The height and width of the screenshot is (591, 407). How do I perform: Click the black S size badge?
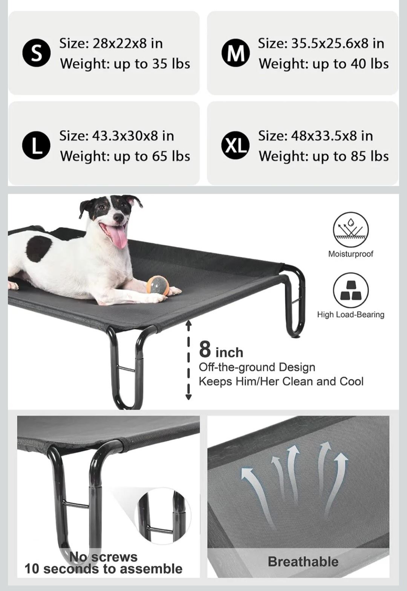pos(37,53)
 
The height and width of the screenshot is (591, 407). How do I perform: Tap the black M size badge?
pos(236,53)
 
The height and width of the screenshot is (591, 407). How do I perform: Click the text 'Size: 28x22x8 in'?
pos(111,43)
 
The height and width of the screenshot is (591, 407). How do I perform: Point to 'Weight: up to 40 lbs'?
pos(324,64)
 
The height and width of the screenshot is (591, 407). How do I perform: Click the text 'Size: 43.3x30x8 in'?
pos(116,136)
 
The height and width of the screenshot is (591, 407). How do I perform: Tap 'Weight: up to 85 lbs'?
pos(324,156)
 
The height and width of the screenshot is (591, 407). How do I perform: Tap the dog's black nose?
pos(118,217)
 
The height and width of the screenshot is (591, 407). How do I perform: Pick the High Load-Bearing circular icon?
pos(351,290)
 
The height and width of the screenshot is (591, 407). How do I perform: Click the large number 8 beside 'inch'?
pos(205,349)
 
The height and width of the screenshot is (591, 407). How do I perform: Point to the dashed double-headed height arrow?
pos(188,361)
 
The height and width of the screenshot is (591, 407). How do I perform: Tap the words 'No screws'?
pos(103,550)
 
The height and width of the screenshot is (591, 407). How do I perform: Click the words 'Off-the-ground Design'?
pos(257,367)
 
